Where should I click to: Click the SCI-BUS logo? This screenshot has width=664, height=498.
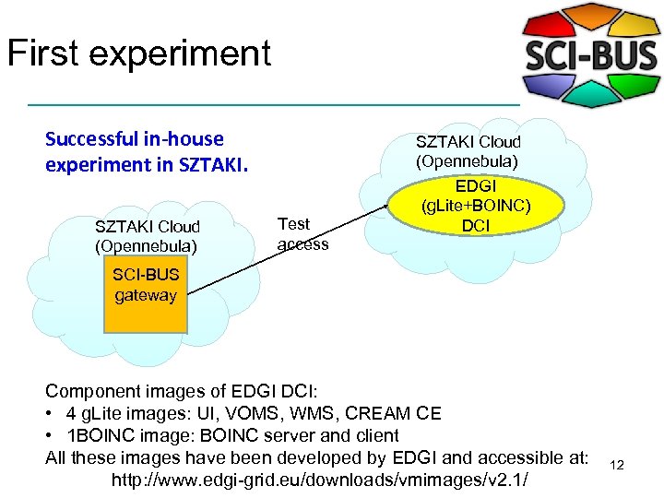(x=591, y=55)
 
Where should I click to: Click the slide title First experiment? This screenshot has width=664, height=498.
(x=138, y=53)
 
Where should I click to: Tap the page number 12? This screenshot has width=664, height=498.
(x=617, y=466)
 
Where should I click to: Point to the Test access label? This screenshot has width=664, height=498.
(x=302, y=233)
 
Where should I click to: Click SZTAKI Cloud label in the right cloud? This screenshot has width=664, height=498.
(x=468, y=142)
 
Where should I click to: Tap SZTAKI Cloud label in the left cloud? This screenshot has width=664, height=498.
(x=148, y=227)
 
